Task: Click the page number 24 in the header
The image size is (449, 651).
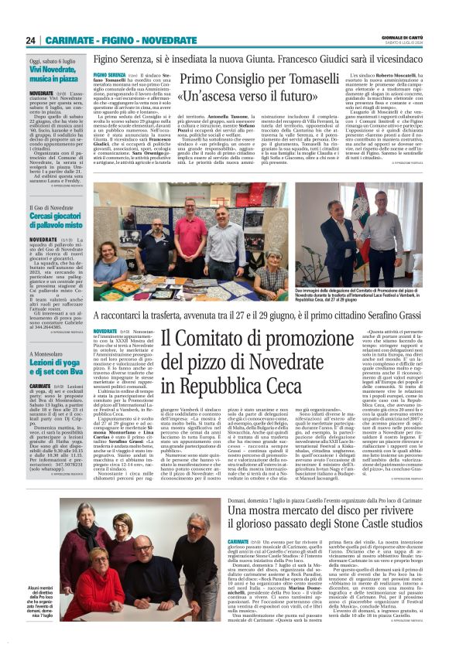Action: point(32,41)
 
